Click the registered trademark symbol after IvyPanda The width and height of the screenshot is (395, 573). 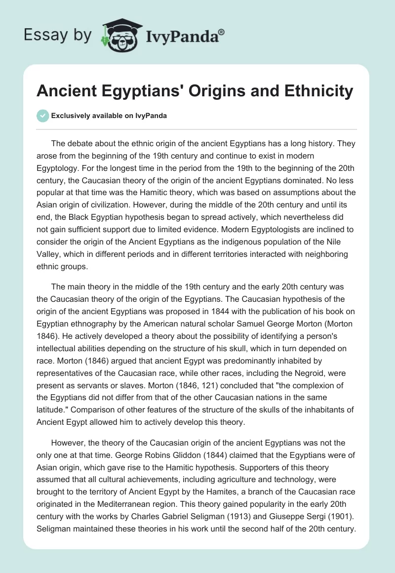coord(222,31)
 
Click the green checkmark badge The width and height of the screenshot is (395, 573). coord(42,116)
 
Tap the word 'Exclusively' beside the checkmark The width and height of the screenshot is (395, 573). coord(71,116)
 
